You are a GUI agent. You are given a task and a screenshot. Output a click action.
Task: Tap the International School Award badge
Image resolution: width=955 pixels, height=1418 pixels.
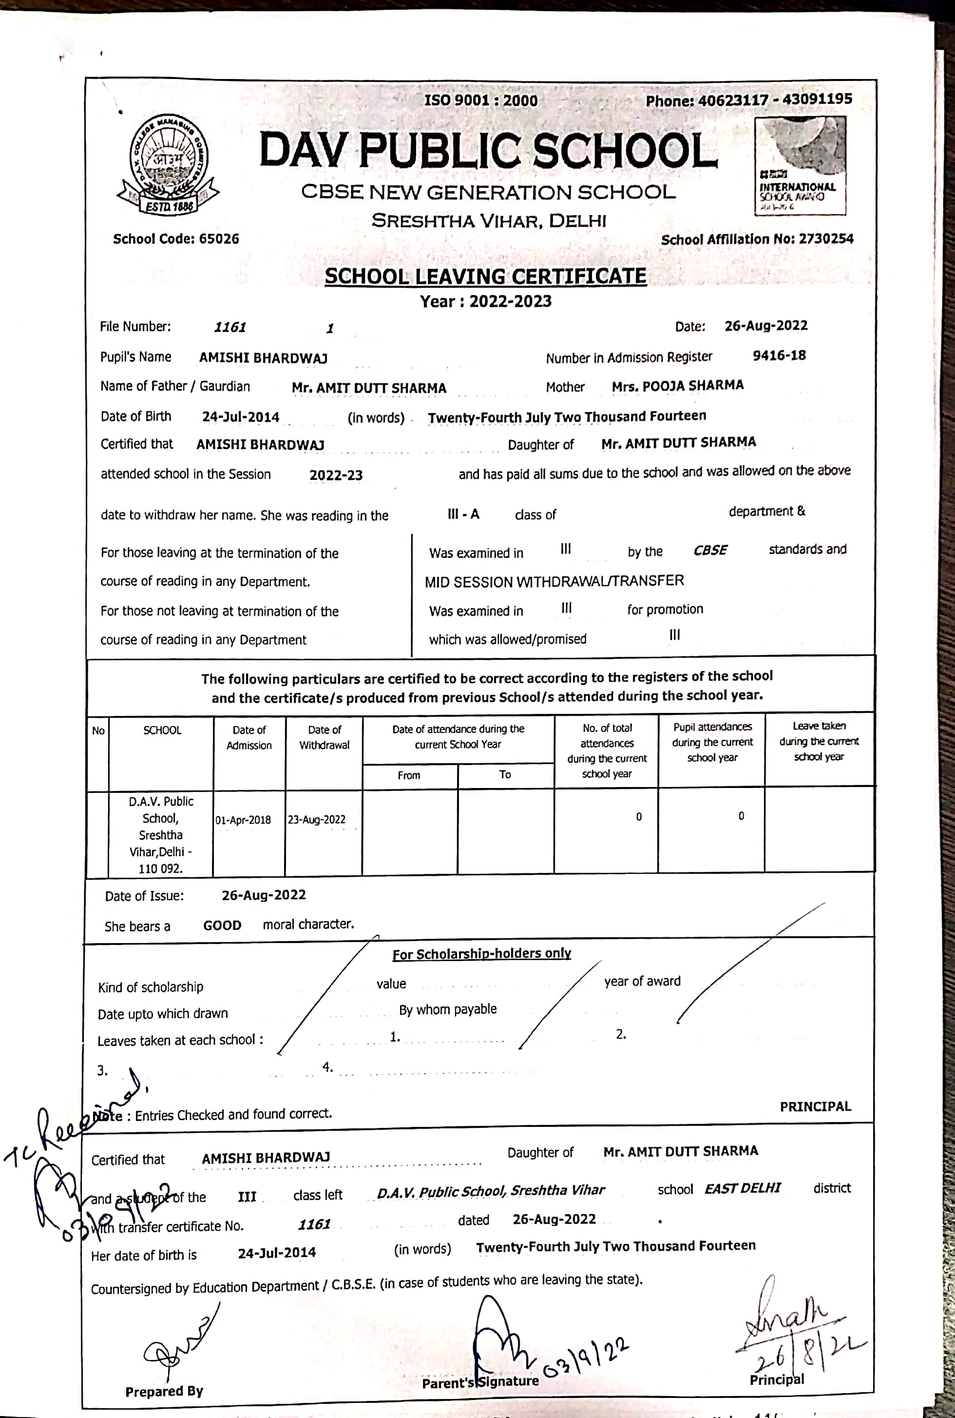click(x=800, y=166)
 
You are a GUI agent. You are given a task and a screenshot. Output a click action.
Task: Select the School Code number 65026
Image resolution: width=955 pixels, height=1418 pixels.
click(x=219, y=239)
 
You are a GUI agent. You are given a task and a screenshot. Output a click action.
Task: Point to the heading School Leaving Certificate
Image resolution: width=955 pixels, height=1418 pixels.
click(x=485, y=276)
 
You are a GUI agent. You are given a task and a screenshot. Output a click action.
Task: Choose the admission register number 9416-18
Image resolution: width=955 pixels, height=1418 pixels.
click(x=779, y=356)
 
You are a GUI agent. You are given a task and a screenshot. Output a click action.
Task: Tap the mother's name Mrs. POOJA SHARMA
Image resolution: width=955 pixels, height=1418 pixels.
click(x=677, y=386)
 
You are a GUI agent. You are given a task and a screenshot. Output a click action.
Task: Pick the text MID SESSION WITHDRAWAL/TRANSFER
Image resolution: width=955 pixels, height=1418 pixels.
click(x=554, y=581)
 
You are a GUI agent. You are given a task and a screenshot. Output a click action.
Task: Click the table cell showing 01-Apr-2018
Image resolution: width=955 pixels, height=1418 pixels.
click(x=243, y=820)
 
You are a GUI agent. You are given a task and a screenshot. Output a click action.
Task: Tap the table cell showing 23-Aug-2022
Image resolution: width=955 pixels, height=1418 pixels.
click(x=317, y=820)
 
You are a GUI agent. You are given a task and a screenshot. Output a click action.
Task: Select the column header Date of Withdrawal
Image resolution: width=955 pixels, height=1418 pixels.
click(x=324, y=737)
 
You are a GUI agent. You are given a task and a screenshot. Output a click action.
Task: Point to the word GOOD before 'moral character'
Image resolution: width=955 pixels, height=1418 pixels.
click(x=222, y=926)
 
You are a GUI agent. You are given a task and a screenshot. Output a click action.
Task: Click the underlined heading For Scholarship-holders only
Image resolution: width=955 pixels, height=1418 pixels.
click(x=481, y=954)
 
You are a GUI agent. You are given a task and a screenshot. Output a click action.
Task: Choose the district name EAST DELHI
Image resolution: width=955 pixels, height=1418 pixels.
click(x=743, y=1189)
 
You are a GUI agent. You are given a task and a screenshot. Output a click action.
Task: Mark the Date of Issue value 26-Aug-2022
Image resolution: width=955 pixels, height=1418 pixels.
click(x=264, y=895)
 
